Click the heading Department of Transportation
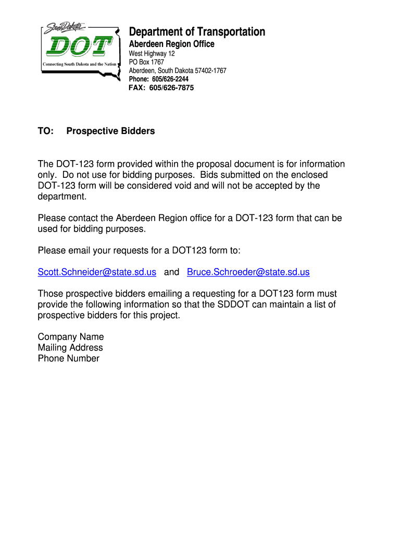click(197, 32)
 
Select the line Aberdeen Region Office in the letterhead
click(171, 44)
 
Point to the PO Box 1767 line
click(146, 62)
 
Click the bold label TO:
click(46, 131)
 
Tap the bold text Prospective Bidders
click(110, 131)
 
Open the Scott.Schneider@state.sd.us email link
click(97, 272)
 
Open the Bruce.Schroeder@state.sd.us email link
click(248, 272)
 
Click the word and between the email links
click(171, 272)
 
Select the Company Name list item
click(71, 337)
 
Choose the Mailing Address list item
click(70, 347)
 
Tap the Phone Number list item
click(68, 358)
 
